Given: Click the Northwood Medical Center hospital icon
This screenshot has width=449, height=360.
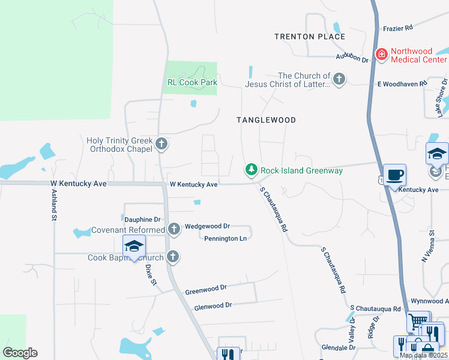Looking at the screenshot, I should click(381, 55).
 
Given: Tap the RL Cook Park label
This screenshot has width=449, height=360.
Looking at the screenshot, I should click(191, 83).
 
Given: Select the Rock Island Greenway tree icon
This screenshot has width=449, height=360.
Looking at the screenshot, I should click(252, 170).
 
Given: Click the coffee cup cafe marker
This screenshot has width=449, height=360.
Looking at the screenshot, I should click(394, 175).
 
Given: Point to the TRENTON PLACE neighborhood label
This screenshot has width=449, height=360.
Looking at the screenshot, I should click(310, 37).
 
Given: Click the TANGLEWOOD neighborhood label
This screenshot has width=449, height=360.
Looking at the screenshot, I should click(266, 120).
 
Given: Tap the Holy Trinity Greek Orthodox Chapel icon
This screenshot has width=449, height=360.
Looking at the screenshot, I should click(161, 144).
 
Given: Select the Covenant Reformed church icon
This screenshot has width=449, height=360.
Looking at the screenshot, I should click(173, 229).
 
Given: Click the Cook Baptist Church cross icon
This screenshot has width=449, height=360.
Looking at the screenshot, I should click(173, 257).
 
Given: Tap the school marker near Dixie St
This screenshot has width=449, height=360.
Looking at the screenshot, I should click(134, 246).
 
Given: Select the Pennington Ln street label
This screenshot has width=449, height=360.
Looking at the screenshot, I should click(226, 238).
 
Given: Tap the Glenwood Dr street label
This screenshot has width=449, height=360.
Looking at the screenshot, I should click(212, 306).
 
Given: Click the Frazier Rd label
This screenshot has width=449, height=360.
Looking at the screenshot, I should click(397, 28).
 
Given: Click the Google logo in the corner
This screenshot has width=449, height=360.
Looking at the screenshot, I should click(19, 353).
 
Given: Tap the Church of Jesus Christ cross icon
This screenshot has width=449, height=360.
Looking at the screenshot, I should click(339, 79).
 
